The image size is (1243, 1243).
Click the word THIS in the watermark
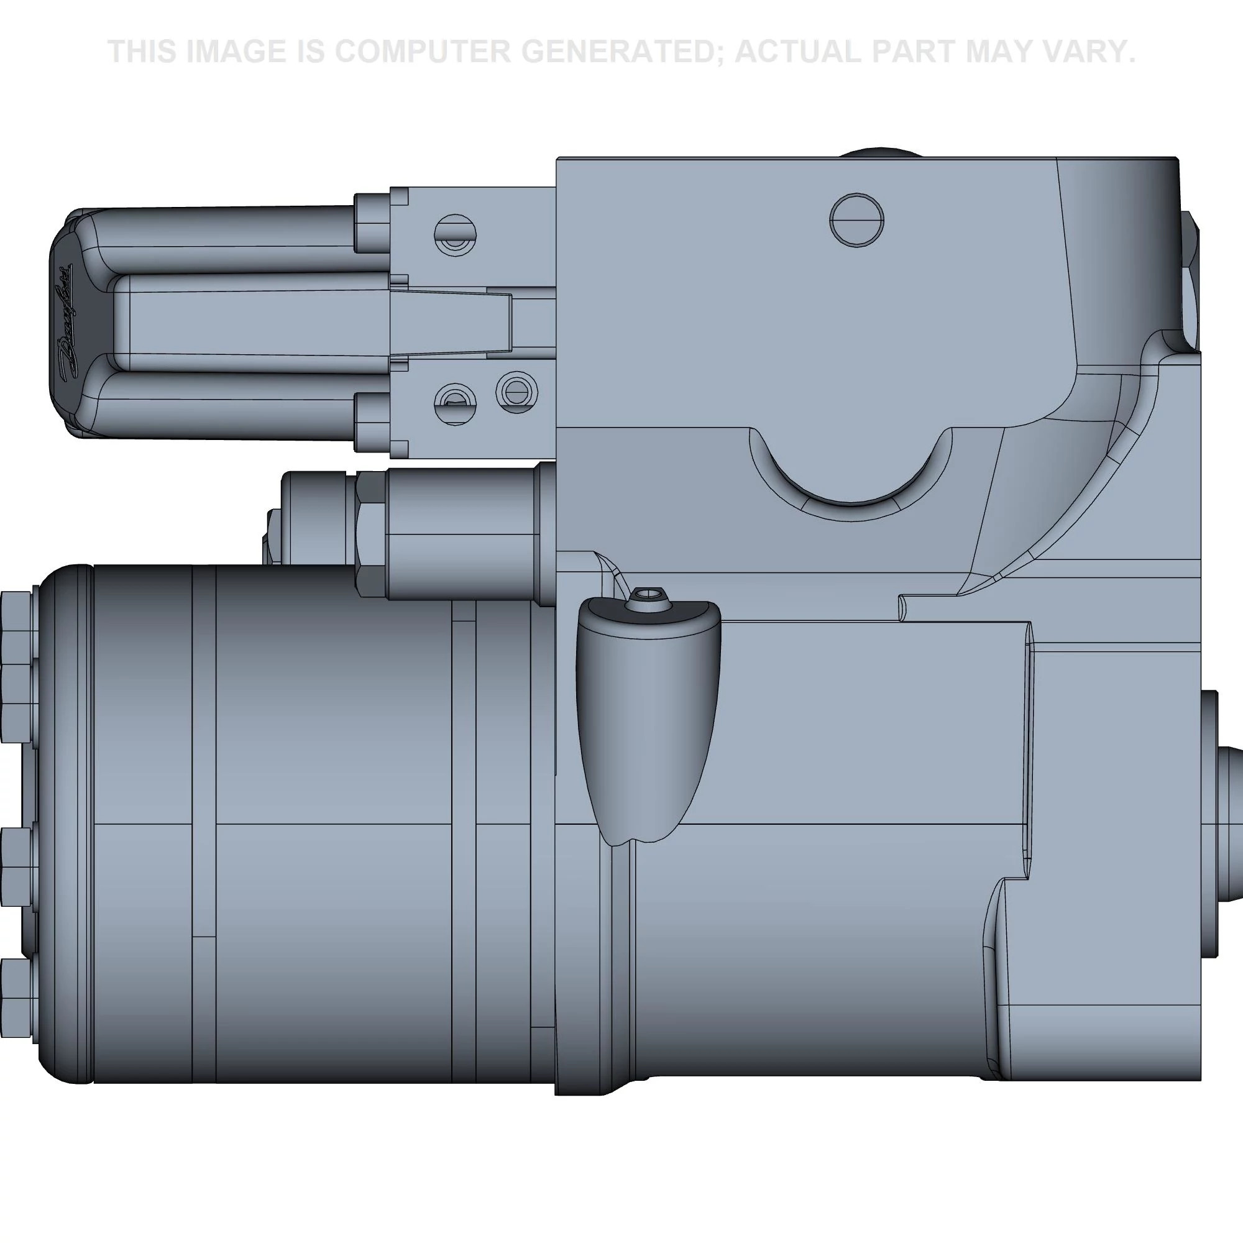coord(142,52)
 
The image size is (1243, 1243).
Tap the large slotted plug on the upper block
coord(856,219)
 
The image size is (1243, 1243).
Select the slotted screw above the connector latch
coord(455,235)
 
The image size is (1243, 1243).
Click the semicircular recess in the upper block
coord(851,470)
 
